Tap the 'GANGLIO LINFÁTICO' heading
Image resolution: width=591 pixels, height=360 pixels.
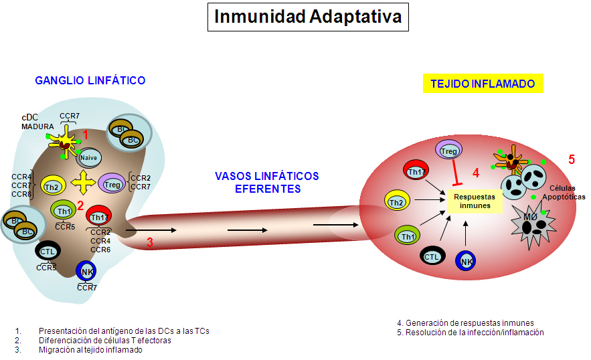(x=90, y=81)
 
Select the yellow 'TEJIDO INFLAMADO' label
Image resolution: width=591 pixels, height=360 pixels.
(x=483, y=84)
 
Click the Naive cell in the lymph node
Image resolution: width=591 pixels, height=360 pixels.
(x=89, y=158)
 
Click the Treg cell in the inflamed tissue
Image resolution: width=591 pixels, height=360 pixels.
(x=448, y=152)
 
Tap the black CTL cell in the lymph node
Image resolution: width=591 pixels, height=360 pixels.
(x=47, y=252)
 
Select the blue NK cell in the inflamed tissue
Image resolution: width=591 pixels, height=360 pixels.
(x=467, y=262)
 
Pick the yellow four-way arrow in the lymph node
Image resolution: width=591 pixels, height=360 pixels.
(x=82, y=181)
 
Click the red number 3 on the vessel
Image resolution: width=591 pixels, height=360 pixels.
(x=150, y=243)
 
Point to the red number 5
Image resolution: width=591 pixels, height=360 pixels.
(x=572, y=160)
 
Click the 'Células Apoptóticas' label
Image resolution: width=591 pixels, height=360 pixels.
(x=564, y=193)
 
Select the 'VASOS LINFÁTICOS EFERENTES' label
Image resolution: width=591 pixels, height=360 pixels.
(x=267, y=182)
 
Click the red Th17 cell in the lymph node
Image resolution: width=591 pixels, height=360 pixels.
(x=99, y=216)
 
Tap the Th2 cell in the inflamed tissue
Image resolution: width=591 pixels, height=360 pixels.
(x=396, y=201)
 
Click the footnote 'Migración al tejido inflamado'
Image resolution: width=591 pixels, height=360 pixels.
(x=90, y=349)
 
